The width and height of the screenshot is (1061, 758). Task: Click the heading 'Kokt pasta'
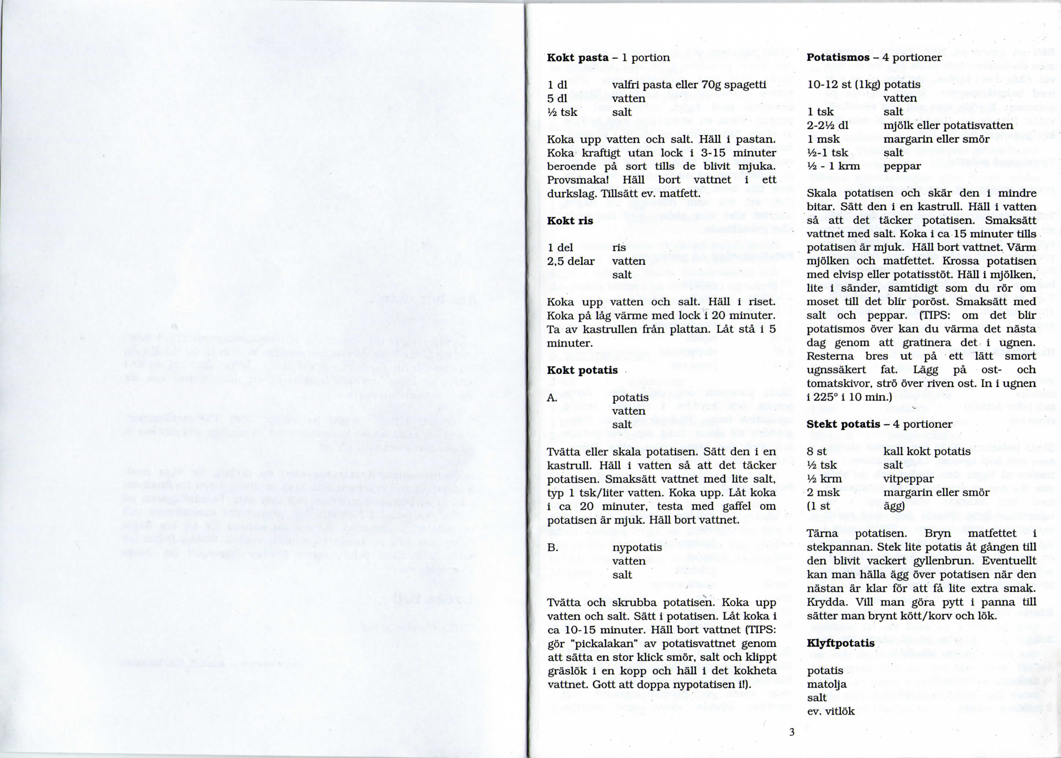coord(578,57)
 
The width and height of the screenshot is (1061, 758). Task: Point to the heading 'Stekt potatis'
coord(843,424)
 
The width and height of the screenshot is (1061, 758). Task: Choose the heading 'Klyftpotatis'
coord(840,643)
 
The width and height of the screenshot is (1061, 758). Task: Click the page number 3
coord(792,733)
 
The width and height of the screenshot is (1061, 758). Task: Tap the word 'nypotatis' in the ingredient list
coord(637,547)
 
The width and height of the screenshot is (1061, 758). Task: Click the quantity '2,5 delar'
coord(571,261)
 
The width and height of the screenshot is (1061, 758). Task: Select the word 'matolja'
coord(827,684)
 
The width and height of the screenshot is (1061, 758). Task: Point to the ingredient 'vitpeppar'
coord(908,478)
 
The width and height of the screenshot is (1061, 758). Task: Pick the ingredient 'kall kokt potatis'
coord(926,451)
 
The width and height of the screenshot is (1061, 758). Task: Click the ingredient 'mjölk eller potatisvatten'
coord(948,126)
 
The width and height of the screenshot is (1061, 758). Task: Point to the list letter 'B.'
coord(553,547)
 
